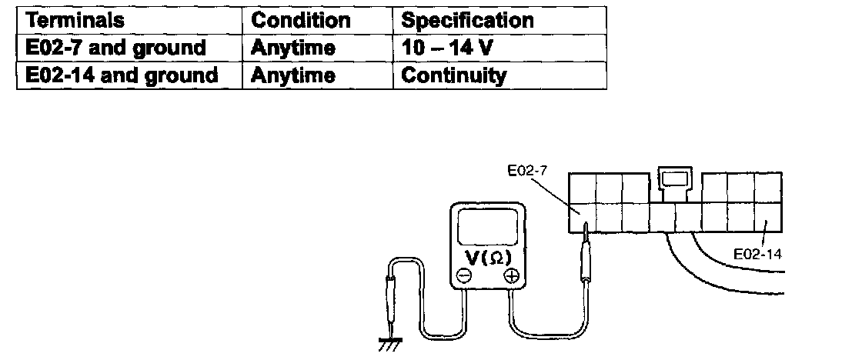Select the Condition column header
(301, 20)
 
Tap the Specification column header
(467, 20)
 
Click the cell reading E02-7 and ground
(115, 48)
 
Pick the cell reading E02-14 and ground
(122, 75)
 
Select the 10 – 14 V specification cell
(447, 48)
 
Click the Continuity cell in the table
(454, 75)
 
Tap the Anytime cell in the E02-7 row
(293, 48)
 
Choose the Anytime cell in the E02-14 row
(293, 75)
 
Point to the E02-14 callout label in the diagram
(757, 252)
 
